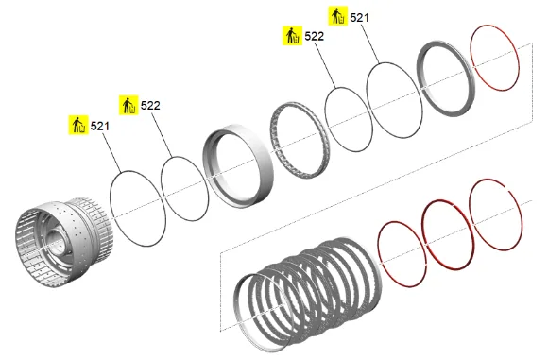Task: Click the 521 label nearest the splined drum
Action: pos(99,126)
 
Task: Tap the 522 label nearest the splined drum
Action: pos(150,105)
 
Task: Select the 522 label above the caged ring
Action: pos(315,36)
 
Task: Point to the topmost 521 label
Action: pos(359,17)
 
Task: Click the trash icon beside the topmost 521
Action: pos(338,16)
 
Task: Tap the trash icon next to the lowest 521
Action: pos(78,125)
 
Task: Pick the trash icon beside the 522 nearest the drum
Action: pos(128,105)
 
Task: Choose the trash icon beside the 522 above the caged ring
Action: pos(293,36)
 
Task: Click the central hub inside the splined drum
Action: pos(55,240)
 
